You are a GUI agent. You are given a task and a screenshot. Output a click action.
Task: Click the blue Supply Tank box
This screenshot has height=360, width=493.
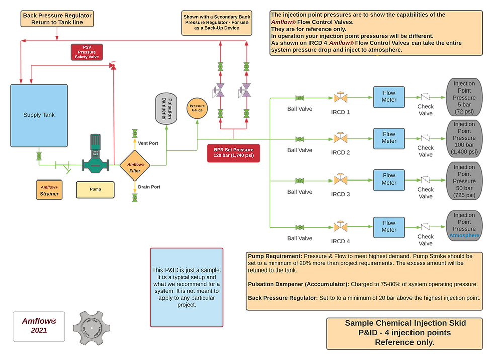point(39,115)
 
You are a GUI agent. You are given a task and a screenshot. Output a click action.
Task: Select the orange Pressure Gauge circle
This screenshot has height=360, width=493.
point(197,108)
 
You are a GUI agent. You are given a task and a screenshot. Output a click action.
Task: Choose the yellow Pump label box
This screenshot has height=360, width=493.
point(95,189)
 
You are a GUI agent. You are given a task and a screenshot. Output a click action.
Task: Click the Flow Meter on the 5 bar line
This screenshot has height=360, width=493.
point(389,96)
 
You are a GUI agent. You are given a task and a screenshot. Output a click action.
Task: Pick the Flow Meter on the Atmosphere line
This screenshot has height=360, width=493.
point(389,226)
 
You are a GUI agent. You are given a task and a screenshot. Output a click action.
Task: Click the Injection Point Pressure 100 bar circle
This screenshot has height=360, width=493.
point(464,138)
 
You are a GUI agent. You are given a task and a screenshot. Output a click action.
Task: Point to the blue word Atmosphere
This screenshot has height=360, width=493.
point(464,235)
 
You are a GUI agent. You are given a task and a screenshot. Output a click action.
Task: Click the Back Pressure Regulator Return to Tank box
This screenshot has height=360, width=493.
point(57,19)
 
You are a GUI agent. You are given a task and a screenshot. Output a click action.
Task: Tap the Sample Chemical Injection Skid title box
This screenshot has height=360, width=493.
point(405,333)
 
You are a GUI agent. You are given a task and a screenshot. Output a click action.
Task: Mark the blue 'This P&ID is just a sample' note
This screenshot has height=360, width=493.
point(186,287)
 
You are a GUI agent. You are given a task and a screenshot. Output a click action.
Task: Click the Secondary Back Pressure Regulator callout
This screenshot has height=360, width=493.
point(217,22)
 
